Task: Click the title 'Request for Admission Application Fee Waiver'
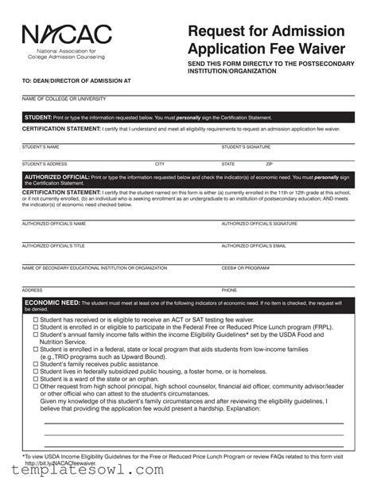tap(266, 40)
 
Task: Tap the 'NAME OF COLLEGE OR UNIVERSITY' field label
tap(64, 99)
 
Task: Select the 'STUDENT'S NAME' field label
tap(41, 147)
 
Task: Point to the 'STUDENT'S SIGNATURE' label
tap(246, 147)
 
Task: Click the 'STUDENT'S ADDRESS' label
tap(45, 164)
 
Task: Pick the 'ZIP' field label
tap(269, 164)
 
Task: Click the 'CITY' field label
tap(160, 164)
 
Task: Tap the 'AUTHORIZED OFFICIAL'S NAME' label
tap(54, 224)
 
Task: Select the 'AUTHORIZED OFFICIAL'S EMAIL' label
tap(254, 246)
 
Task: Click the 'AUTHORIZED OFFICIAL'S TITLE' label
tap(53, 246)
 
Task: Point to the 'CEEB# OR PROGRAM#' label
tap(246, 268)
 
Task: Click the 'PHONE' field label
tap(229, 291)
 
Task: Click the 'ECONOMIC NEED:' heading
tap(52, 303)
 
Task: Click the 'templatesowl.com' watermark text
tap(83, 470)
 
